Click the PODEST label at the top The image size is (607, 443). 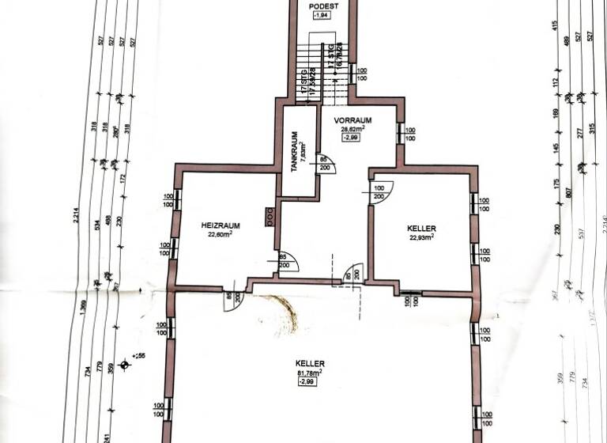[x=324, y=5]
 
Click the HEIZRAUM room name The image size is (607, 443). [x=221, y=225]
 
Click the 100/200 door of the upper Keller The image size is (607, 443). [x=379, y=192]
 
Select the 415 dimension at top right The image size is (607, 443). [x=557, y=25]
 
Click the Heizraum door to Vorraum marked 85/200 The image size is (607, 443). [x=285, y=262]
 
